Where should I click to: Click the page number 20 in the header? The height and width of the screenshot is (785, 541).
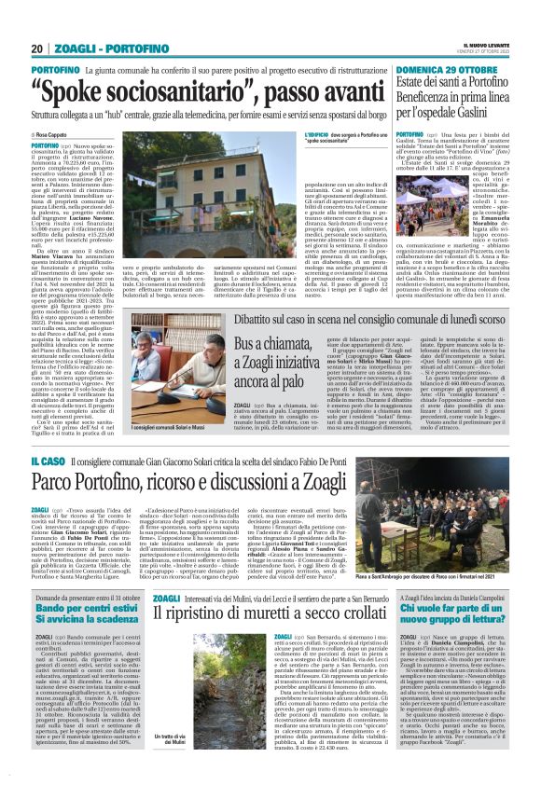[36, 48]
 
